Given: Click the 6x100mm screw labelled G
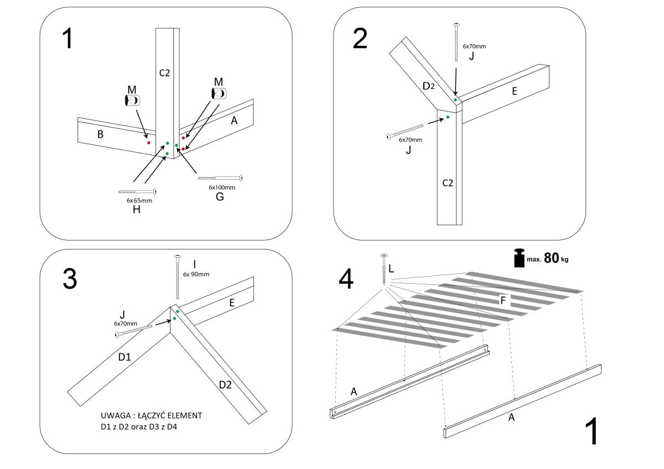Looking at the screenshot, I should click(x=220, y=178).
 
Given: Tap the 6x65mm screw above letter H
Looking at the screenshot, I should click(x=137, y=191).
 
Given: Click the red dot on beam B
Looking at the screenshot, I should click(x=149, y=143).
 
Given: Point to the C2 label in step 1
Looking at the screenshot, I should click(x=164, y=72).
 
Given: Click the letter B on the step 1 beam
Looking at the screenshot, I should click(x=101, y=134).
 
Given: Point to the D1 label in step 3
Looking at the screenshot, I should click(x=124, y=357).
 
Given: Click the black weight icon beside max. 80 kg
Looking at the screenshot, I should click(x=520, y=258).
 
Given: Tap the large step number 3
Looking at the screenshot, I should click(x=69, y=279).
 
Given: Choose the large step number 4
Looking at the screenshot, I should click(x=346, y=279).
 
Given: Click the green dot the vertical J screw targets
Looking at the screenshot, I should click(x=455, y=100).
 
